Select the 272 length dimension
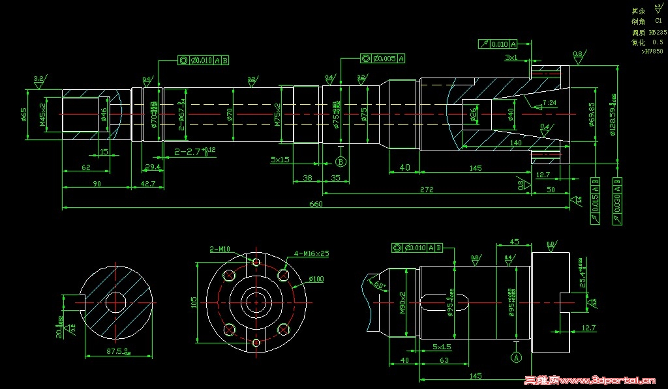pos(427,190)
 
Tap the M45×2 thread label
pos(42,114)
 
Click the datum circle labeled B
pos(340,162)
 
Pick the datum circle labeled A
pos(516,357)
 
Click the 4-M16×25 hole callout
pos(312,253)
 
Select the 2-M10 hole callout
pos(220,249)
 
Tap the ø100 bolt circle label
pos(316,279)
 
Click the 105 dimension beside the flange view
pos(194,304)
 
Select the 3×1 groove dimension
pos(511,57)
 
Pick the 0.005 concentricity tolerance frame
pos(382,58)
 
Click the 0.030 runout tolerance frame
pos(616,201)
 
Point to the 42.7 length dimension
pos(148,184)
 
